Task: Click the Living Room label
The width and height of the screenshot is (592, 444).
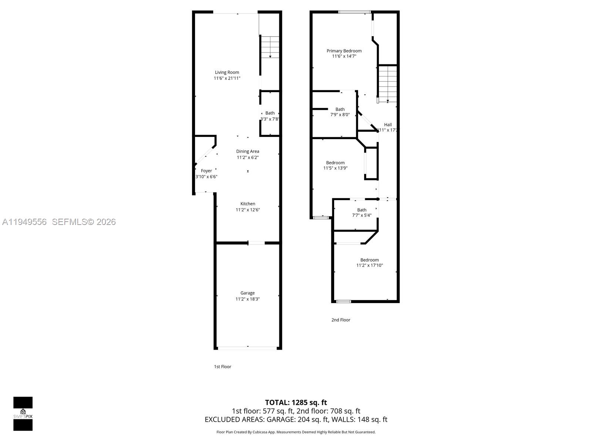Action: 227,73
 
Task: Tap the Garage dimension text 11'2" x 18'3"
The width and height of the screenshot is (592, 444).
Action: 248,299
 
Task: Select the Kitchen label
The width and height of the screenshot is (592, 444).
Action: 248,204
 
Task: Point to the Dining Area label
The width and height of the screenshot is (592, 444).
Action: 248,151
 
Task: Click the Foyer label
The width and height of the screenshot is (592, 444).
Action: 206,171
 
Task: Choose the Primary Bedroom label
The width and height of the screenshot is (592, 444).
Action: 344,51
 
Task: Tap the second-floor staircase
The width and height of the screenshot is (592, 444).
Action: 387,84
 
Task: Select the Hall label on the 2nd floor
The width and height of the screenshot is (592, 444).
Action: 388,125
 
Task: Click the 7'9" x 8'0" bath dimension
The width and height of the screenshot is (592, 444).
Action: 340,115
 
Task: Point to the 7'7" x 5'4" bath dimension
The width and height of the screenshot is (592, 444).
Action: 362,215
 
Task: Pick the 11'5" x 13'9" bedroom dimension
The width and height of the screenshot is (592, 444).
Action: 335,168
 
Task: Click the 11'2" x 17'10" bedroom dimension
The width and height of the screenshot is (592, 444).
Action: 370,265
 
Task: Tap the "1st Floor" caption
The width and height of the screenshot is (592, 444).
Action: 222,367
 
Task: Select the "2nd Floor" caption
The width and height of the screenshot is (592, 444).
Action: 341,320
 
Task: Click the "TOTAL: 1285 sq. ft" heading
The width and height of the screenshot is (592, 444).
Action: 296,403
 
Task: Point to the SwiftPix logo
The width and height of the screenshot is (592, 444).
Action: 23,414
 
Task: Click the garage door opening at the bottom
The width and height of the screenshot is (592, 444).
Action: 247,348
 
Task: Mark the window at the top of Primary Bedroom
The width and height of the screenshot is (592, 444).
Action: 354,12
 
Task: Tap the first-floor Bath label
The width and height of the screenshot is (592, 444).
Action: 270,113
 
